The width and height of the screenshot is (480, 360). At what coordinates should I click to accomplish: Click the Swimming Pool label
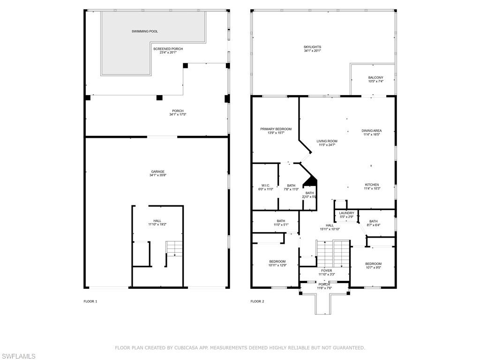point(144,31)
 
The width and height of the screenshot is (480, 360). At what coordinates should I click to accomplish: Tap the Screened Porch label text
point(167,49)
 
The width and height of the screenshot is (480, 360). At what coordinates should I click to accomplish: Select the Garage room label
point(157,172)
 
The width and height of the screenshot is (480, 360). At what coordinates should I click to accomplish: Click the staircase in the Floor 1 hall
point(173,248)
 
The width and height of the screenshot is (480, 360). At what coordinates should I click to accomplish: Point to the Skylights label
point(312,47)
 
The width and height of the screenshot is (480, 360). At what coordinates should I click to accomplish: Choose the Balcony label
point(375,78)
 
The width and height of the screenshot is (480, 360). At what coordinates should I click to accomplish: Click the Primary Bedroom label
point(276,129)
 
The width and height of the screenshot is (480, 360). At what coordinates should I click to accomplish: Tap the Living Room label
point(327,141)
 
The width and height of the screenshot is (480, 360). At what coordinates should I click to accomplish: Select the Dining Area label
point(371,131)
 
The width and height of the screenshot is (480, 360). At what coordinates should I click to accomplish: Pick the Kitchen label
point(372,185)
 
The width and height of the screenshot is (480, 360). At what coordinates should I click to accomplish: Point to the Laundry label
point(346,213)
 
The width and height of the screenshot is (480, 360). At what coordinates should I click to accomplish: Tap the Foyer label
point(326,270)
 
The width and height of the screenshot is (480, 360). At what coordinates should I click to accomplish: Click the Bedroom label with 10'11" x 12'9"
point(277,262)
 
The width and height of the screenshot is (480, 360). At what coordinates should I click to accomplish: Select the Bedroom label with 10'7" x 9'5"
point(373,263)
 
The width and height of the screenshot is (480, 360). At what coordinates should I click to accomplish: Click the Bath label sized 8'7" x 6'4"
point(373,221)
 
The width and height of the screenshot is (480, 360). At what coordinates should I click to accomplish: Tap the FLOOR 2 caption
point(257,301)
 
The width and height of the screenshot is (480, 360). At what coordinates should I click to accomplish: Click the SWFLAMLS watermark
point(18,356)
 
